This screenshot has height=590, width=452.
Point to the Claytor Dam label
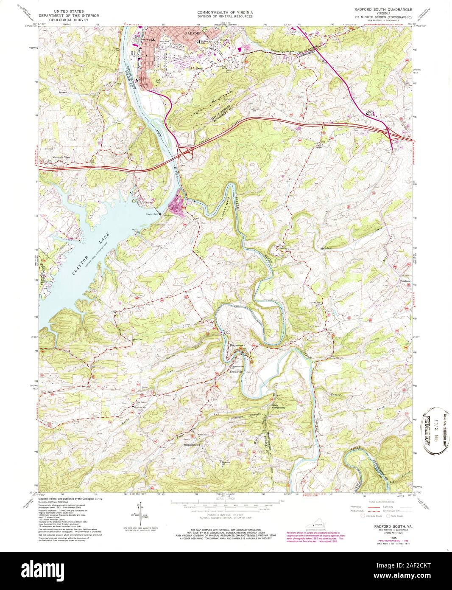pos(152,214)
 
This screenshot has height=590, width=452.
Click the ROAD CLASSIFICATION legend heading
pos(377,501)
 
